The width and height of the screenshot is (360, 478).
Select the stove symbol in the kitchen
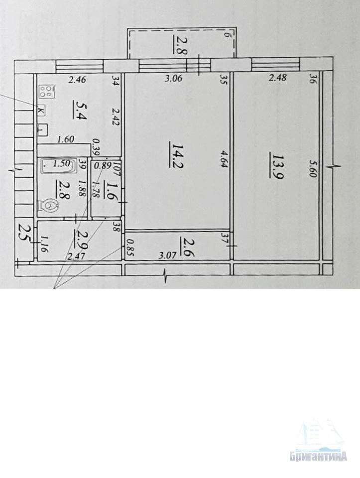(x=47, y=92)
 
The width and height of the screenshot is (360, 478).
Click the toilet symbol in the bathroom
(x=48, y=206)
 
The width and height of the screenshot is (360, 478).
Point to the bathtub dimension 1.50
(x=61, y=164)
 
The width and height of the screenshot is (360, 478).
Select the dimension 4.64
(x=225, y=158)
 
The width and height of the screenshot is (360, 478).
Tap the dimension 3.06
(x=173, y=78)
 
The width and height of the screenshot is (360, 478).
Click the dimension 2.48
(x=278, y=78)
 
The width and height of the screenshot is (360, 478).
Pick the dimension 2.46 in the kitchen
(x=77, y=80)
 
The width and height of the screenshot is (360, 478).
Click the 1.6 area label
(x=108, y=190)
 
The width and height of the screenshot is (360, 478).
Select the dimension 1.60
(x=66, y=139)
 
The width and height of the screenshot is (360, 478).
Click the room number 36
(x=312, y=78)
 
